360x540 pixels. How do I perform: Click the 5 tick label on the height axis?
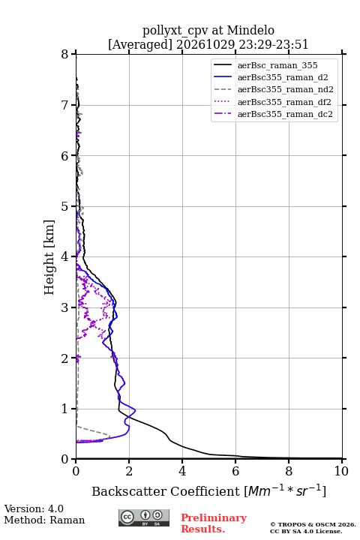65,207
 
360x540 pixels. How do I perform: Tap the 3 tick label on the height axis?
65,307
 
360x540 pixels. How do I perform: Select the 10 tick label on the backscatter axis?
341,471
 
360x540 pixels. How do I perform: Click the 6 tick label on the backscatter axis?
235,471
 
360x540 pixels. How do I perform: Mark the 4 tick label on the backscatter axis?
182,471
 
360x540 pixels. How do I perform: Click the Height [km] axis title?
49,257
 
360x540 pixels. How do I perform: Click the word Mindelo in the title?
250,30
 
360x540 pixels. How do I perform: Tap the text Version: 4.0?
34,508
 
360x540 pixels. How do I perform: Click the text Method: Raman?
44,520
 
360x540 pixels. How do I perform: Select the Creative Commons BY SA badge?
144,517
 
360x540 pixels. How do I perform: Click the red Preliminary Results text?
214,523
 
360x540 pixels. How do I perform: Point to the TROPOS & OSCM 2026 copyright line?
313,524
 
